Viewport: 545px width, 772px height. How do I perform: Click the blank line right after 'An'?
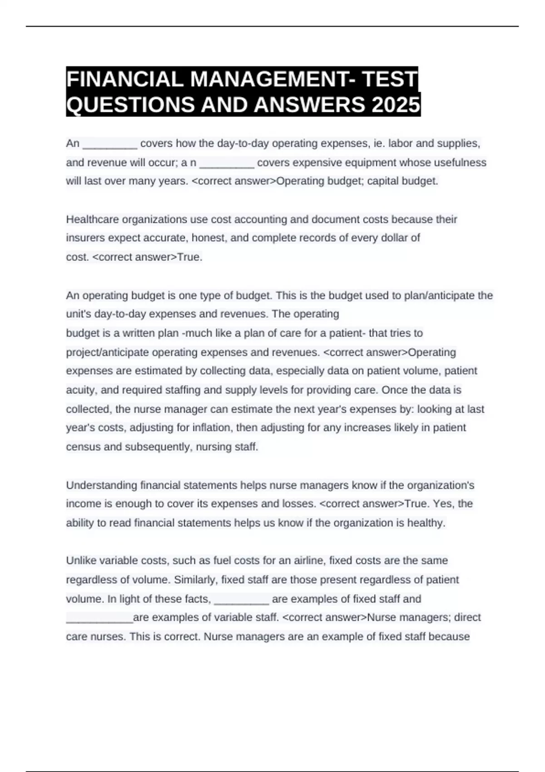point(110,144)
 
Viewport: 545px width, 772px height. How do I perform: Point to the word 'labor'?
point(401,144)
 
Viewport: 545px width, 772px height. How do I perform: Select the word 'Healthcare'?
point(93,219)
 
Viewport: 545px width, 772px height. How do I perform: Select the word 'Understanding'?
point(102,485)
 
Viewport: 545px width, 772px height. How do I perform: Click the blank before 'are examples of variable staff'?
point(99,618)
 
